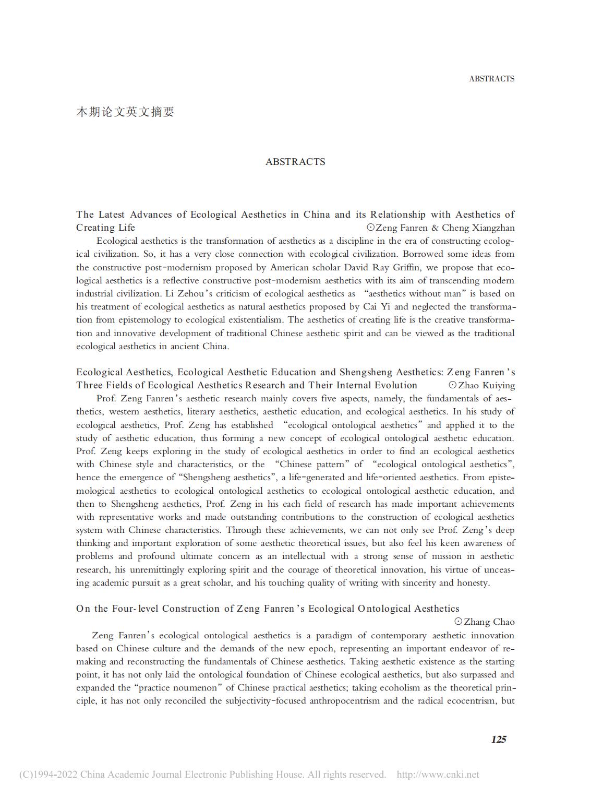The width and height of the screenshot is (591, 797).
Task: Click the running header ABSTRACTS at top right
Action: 491,79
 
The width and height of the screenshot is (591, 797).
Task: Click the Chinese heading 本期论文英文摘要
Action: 125,112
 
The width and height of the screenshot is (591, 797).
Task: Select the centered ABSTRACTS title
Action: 295,162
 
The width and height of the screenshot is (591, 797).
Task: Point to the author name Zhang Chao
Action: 489,622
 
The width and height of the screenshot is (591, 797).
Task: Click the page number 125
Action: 499,739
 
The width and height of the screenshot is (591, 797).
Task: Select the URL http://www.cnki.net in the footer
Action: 438,775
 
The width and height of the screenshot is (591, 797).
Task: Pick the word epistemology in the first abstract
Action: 125,320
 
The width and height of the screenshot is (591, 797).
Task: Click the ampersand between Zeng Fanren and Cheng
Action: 435,228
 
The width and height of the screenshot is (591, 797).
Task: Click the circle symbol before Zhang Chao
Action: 458,622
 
